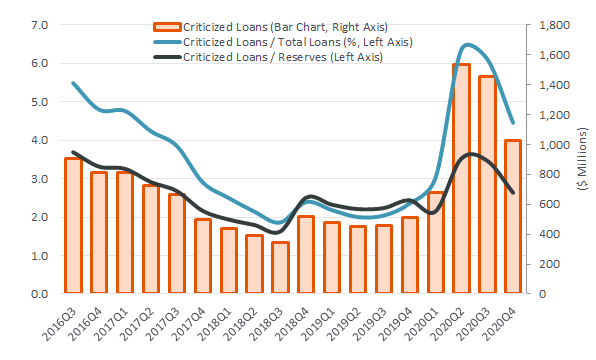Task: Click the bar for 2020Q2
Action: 461,180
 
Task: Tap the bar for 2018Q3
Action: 280,268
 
